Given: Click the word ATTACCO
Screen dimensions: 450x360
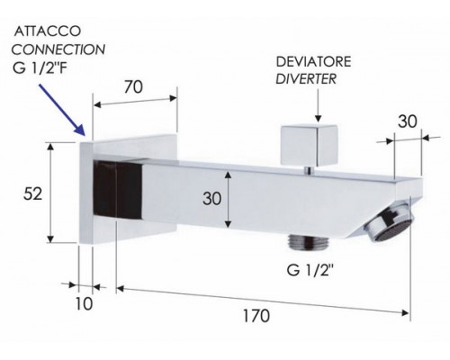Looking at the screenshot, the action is click(x=48, y=31).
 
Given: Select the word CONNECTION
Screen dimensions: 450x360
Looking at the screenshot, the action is click(x=58, y=49).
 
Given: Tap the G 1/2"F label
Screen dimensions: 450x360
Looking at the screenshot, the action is click(x=40, y=68).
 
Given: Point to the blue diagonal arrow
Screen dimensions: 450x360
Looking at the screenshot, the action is click(x=61, y=110).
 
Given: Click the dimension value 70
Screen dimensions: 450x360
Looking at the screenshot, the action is click(x=133, y=87).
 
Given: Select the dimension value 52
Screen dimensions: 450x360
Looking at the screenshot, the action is click(x=32, y=193).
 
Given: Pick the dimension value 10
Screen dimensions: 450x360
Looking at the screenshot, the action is click(x=84, y=304).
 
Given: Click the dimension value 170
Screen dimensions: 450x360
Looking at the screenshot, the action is click(x=256, y=316).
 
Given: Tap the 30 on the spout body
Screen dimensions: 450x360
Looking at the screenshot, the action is click(x=211, y=199).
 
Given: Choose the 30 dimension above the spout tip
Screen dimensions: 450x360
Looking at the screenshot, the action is click(x=408, y=121).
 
